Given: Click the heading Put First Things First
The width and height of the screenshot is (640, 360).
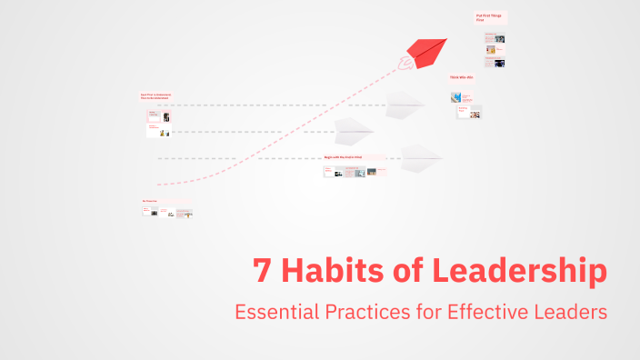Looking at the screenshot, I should pyautogui.click(x=489, y=17).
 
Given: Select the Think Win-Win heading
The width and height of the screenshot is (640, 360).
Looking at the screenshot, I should pyautogui.click(x=462, y=77).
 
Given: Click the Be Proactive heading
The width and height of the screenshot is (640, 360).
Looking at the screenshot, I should pyautogui.click(x=150, y=201).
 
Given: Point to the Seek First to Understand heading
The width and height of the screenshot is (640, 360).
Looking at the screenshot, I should pyautogui.click(x=155, y=95).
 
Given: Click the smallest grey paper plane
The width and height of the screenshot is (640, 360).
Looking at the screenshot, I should pyautogui.click(x=353, y=132).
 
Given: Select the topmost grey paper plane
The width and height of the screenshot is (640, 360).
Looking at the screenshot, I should pyautogui.click(x=404, y=105).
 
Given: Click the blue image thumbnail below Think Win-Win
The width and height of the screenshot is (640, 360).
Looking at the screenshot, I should pyautogui.click(x=456, y=97).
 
